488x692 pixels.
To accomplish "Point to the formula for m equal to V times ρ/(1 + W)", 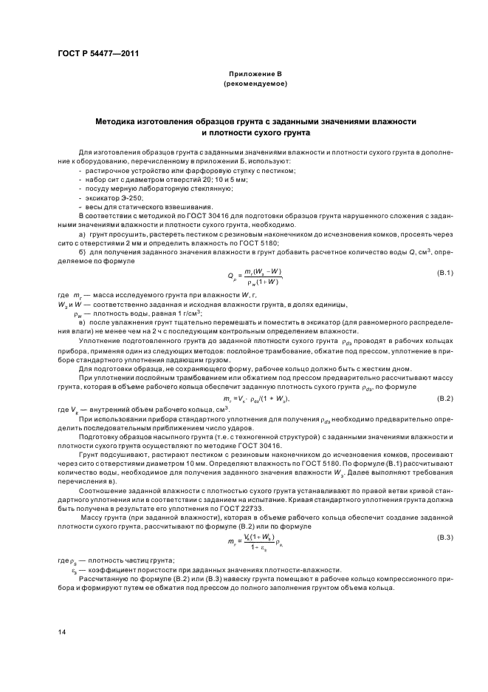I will tap(255, 399).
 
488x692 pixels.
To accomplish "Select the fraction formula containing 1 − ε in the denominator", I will tap(255, 543).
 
